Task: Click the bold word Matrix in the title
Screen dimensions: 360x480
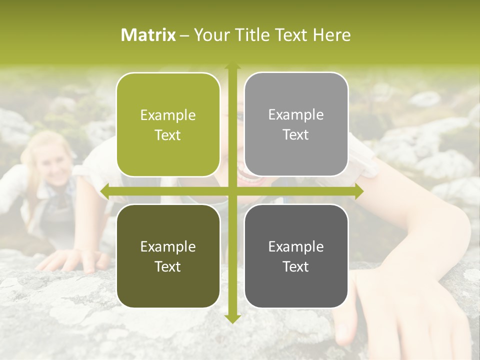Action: [x=148, y=35]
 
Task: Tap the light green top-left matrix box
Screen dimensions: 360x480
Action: [x=168, y=125]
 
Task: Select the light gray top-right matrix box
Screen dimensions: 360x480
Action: [x=296, y=124]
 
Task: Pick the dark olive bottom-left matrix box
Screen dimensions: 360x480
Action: [x=168, y=256]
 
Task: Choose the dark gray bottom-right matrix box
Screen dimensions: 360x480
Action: [x=296, y=256]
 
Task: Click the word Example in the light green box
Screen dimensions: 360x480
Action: [x=168, y=115]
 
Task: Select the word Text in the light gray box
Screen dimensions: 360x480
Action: [x=296, y=135]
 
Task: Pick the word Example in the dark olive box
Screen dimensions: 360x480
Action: [x=168, y=246]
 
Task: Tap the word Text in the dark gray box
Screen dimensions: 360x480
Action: [x=296, y=266]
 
